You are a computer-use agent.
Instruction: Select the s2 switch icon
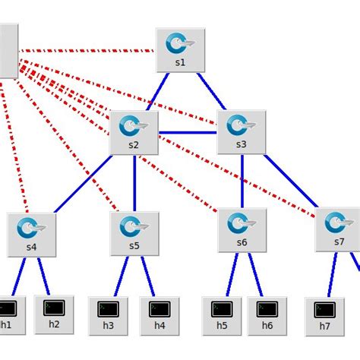(134, 127)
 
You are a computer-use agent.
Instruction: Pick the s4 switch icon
(31, 228)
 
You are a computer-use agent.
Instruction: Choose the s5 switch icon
(134, 227)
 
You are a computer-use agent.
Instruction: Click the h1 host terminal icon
(8, 308)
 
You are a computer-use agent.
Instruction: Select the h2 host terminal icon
(54, 308)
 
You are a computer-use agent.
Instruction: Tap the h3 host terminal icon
(109, 309)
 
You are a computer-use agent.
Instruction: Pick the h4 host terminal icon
(159, 309)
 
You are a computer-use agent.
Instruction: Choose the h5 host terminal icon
(221, 309)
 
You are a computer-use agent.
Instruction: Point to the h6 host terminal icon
(267, 309)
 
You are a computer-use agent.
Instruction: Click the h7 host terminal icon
(325, 310)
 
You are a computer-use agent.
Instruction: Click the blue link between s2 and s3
(188, 133)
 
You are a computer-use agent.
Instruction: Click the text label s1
(180, 63)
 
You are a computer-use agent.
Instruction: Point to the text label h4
(159, 326)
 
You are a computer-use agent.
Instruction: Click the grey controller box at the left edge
(8, 50)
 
